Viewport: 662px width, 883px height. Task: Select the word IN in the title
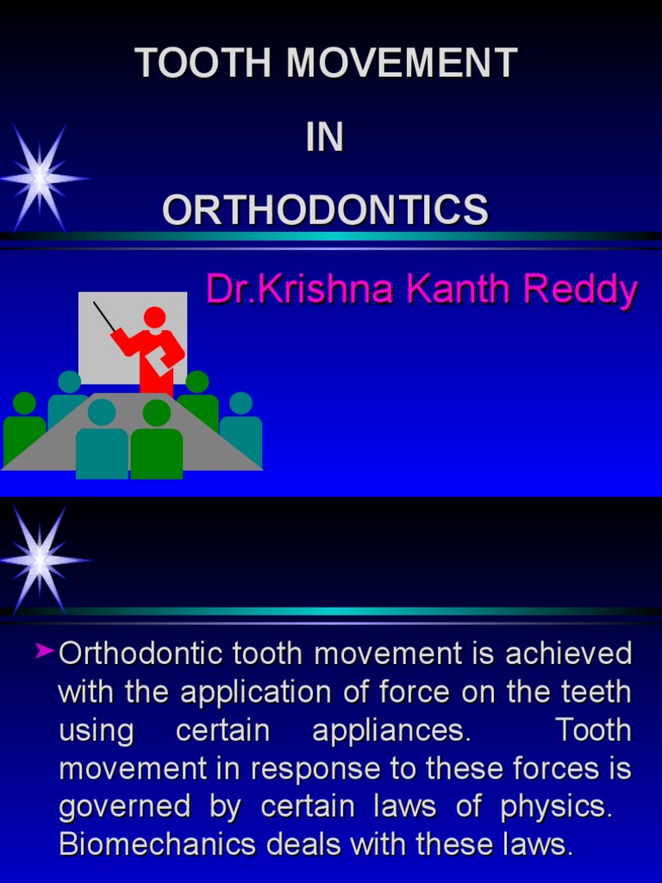tap(325, 137)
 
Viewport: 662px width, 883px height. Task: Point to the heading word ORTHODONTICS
tap(325, 210)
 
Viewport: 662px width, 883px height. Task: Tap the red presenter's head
tap(155, 317)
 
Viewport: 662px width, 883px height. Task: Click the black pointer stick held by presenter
tap(104, 316)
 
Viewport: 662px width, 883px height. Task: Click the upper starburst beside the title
tap(41, 178)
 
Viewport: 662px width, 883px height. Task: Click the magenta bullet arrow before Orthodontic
tap(46, 653)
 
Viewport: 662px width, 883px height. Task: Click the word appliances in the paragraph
tap(392, 731)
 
